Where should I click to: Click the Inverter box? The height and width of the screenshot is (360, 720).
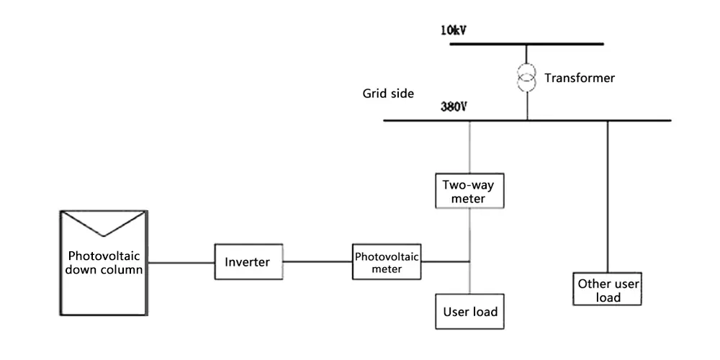[x=248, y=262]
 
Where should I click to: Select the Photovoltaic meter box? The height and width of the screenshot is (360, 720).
[x=387, y=262]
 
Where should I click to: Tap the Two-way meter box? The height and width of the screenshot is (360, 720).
[x=469, y=191]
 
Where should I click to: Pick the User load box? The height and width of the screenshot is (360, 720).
[x=469, y=311]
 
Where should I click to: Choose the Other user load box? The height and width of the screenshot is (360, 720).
[x=607, y=289]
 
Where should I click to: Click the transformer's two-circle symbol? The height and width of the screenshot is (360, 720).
[x=527, y=78]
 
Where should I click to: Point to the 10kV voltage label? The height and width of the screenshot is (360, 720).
[x=454, y=31]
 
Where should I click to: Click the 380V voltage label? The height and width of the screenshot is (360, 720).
[x=454, y=107]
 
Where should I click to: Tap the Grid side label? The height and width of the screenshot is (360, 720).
[x=388, y=94]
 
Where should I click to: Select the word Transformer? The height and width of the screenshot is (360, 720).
[x=580, y=78]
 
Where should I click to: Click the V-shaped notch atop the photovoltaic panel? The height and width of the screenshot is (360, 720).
[x=104, y=224]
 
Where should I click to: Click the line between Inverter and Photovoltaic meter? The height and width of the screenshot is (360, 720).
[x=318, y=262]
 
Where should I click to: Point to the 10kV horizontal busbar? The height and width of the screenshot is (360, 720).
[x=527, y=44]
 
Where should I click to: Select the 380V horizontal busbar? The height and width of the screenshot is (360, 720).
[x=527, y=121]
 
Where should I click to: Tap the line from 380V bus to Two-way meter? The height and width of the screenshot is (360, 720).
[x=469, y=148]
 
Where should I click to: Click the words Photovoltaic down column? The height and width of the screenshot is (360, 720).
[x=104, y=262]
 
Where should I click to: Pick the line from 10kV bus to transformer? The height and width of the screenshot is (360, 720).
[x=527, y=55]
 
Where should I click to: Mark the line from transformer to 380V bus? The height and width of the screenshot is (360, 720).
[x=527, y=106]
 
